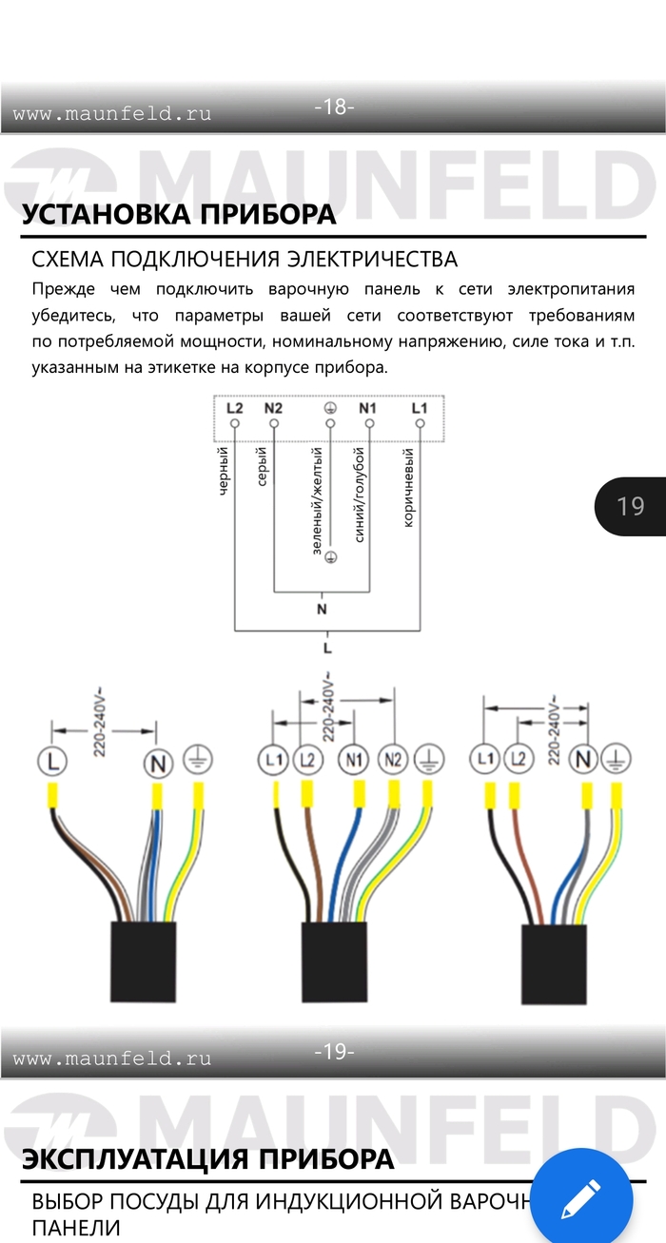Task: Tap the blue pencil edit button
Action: [x=581, y=1198]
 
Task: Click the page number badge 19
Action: [x=630, y=506]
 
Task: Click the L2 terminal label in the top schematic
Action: [x=235, y=408]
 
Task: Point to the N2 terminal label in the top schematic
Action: [x=273, y=408]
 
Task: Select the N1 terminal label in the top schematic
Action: [x=367, y=408]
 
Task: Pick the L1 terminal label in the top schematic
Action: [x=420, y=408]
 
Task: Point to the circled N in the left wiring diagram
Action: [x=157, y=763]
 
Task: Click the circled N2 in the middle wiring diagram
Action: [x=393, y=760]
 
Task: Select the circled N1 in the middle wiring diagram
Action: [x=355, y=760]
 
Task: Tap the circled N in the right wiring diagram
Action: [x=584, y=760]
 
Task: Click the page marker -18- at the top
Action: [x=334, y=107]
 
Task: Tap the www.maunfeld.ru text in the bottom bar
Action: [x=112, y=1058]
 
